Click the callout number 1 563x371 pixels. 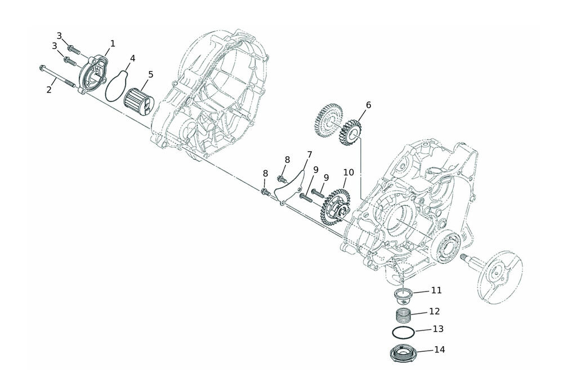pyautogui.click(x=113, y=43)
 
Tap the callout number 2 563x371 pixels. pyautogui.click(x=49, y=90)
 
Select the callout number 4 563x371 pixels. pyautogui.click(x=132, y=58)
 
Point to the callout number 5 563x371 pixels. pyautogui.click(x=151, y=74)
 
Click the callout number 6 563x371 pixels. pyautogui.click(x=368, y=105)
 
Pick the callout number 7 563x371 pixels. pyautogui.click(x=310, y=155)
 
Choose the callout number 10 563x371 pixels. pyautogui.click(x=348, y=172)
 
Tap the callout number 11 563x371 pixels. pyautogui.click(x=437, y=290)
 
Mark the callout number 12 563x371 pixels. pyautogui.click(x=435, y=311)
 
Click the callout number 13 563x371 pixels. pyautogui.click(x=438, y=329)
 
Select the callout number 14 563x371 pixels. pyautogui.click(x=440, y=350)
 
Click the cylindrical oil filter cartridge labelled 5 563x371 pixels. pyautogui.click(x=138, y=100)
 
